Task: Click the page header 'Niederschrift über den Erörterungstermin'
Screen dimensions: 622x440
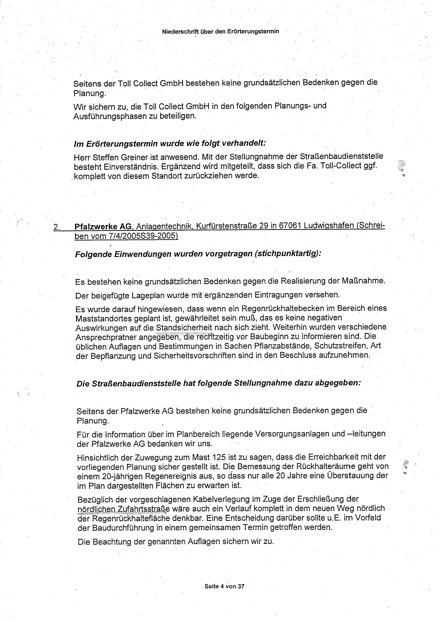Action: (x=220, y=31)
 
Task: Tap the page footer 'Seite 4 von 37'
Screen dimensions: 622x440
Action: (x=224, y=586)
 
